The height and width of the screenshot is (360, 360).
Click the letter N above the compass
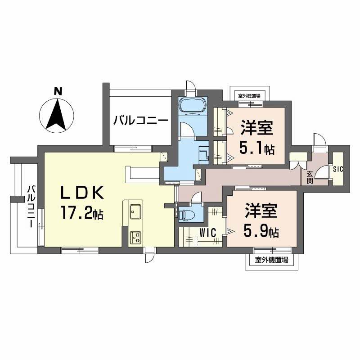pyautogui.click(x=58, y=92)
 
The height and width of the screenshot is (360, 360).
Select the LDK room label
pyautogui.click(x=82, y=193)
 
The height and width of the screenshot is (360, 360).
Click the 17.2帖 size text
pyautogui.click(x=82, y=213)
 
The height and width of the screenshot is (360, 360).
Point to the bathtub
pyautogui.click(x=193, y=105)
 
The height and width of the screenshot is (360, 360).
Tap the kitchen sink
pyautogui.click(x=135, y=211)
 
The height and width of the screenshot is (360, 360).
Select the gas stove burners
pyautogui.click(x=135, y=238)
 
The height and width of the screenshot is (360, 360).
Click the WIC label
pyautogui.click(x=208, y=233)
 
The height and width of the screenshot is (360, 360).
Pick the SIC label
pyautogui.click(x=338, y=169)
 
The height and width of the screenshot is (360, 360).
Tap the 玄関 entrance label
pyautogui.click(x=310, y=177)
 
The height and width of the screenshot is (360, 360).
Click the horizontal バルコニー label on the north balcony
pyautogui.click(x=141, y=120)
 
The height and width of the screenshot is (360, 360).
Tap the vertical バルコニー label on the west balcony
pyautogui.click(x=31, y=207)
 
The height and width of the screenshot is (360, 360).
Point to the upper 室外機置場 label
pyautogui.click(x=249, y=96)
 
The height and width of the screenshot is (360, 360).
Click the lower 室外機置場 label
pyautogui.click(x=271, y=260)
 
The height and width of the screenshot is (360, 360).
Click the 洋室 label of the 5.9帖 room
pyautogui.click(x=261, y=211)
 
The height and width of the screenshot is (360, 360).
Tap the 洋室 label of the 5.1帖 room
pyautogui.click(x=256, y=128)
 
